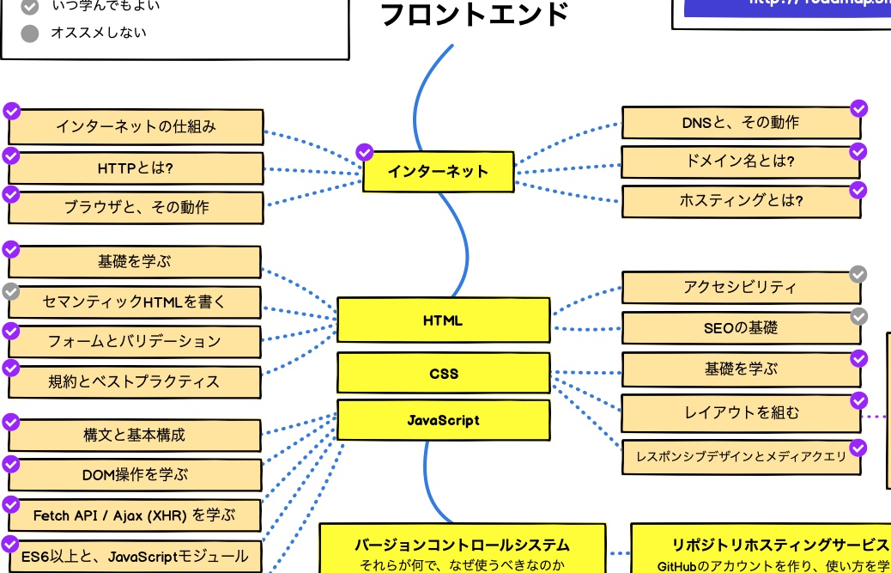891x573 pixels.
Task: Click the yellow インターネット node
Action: [x=438, y=172]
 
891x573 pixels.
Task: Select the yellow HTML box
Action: [x=443, y=320]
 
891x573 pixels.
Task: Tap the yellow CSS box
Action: [x=443, y=374]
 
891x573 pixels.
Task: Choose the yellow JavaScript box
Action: [x=443, y=420]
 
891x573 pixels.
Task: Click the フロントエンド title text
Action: [x=475, y=15]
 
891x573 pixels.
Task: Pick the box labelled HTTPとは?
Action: [x=136, y=168]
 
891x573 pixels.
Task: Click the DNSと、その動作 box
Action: [x=740, y=123]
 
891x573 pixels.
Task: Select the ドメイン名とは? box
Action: [x=740, y=162]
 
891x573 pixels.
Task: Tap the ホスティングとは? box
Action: [x=740, y=201]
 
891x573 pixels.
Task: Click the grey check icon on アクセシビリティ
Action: [x=858, y=275]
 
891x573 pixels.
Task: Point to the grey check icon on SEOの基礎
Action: [x=859, y=316]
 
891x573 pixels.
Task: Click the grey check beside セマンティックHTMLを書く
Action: [x=11, y=291]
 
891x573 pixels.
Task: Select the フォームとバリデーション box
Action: [x=134, y=342]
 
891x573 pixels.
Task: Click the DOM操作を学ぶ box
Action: [x=135, y=474]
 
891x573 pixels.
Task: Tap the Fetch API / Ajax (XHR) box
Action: [x=134, y=515]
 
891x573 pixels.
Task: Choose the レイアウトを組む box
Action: [x=740, y=413]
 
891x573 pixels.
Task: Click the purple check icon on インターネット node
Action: [x=365, y=152]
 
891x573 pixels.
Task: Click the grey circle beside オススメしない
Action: [x=30, y=34]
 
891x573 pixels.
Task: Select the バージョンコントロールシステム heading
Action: [x=462, y=545]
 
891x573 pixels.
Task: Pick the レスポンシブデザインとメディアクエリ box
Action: [x=740, y=456]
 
